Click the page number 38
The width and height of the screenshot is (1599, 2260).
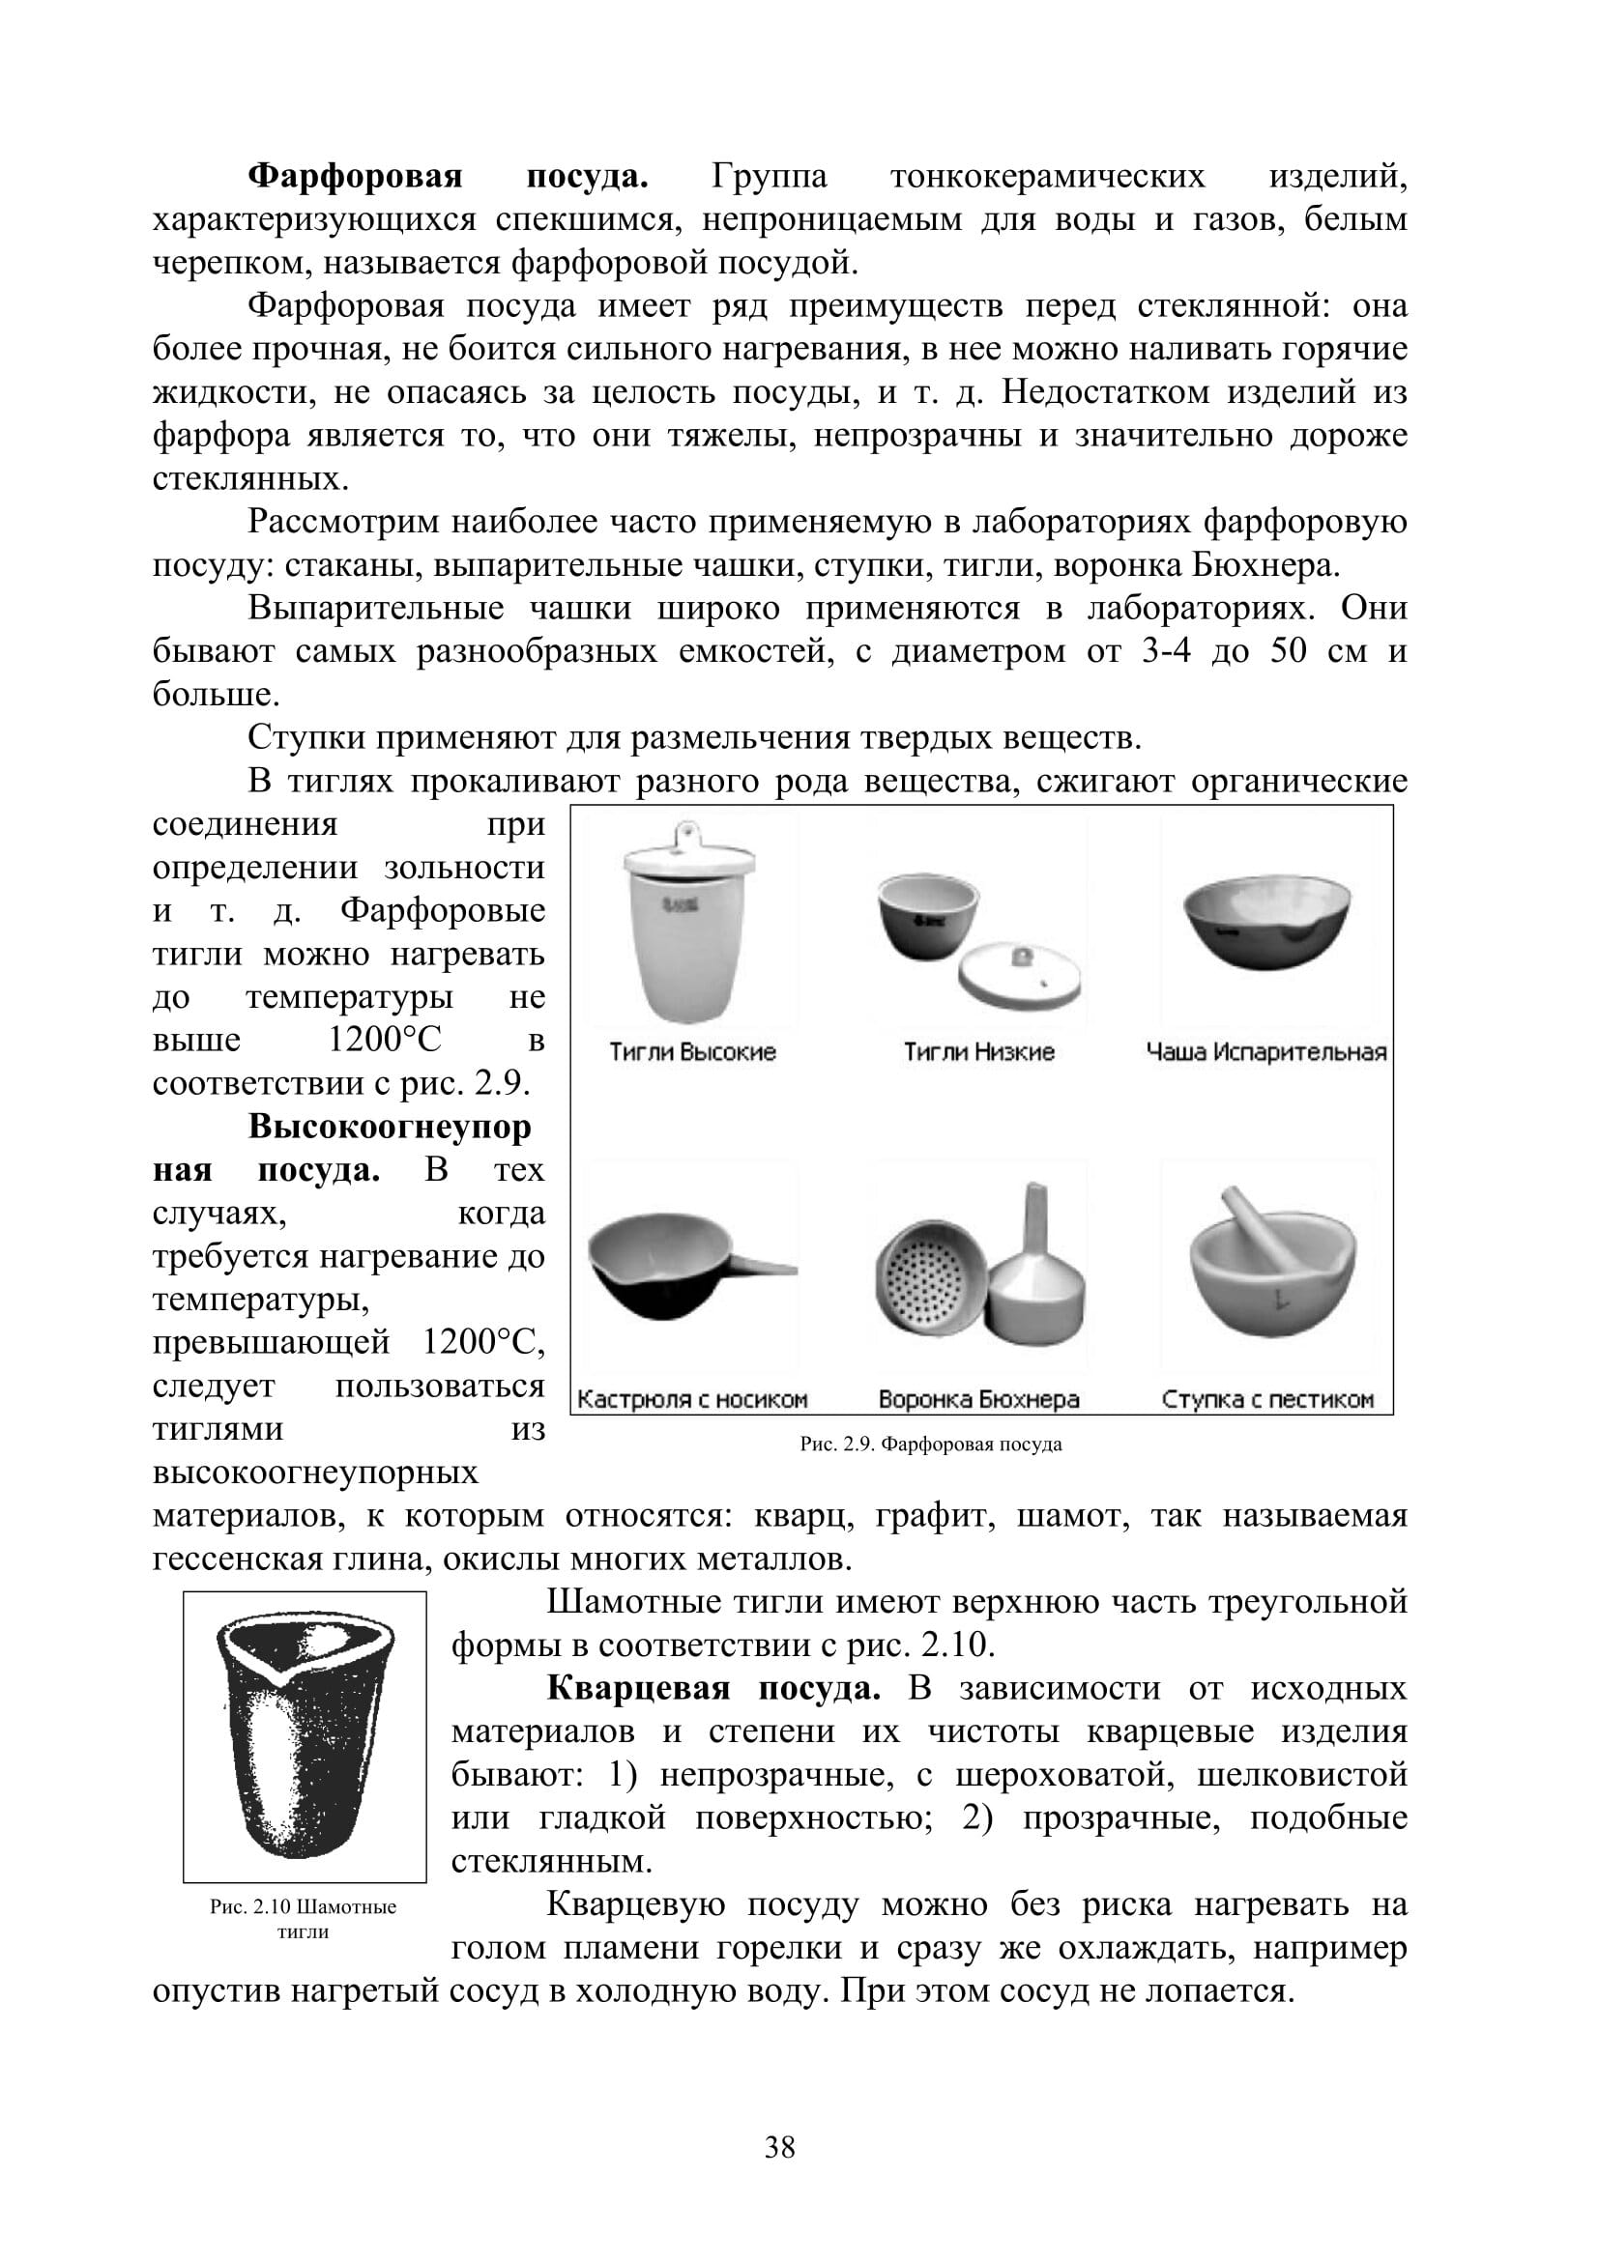780,2147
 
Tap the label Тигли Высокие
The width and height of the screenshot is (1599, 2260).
692,1052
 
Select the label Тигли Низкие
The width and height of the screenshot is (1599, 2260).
978,1052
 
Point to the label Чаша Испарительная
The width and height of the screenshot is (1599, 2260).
1266,1052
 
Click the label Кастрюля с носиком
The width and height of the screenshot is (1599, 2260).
692,1399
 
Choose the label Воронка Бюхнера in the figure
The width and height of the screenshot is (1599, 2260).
978,1399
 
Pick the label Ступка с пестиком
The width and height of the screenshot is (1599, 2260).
1267,1399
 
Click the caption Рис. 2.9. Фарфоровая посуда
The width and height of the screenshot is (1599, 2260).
930,1444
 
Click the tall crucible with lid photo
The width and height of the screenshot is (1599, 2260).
689,926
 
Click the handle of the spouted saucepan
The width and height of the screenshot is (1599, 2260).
763,1268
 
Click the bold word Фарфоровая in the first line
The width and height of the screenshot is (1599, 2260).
355,176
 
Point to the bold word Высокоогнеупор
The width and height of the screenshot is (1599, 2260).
389,1126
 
